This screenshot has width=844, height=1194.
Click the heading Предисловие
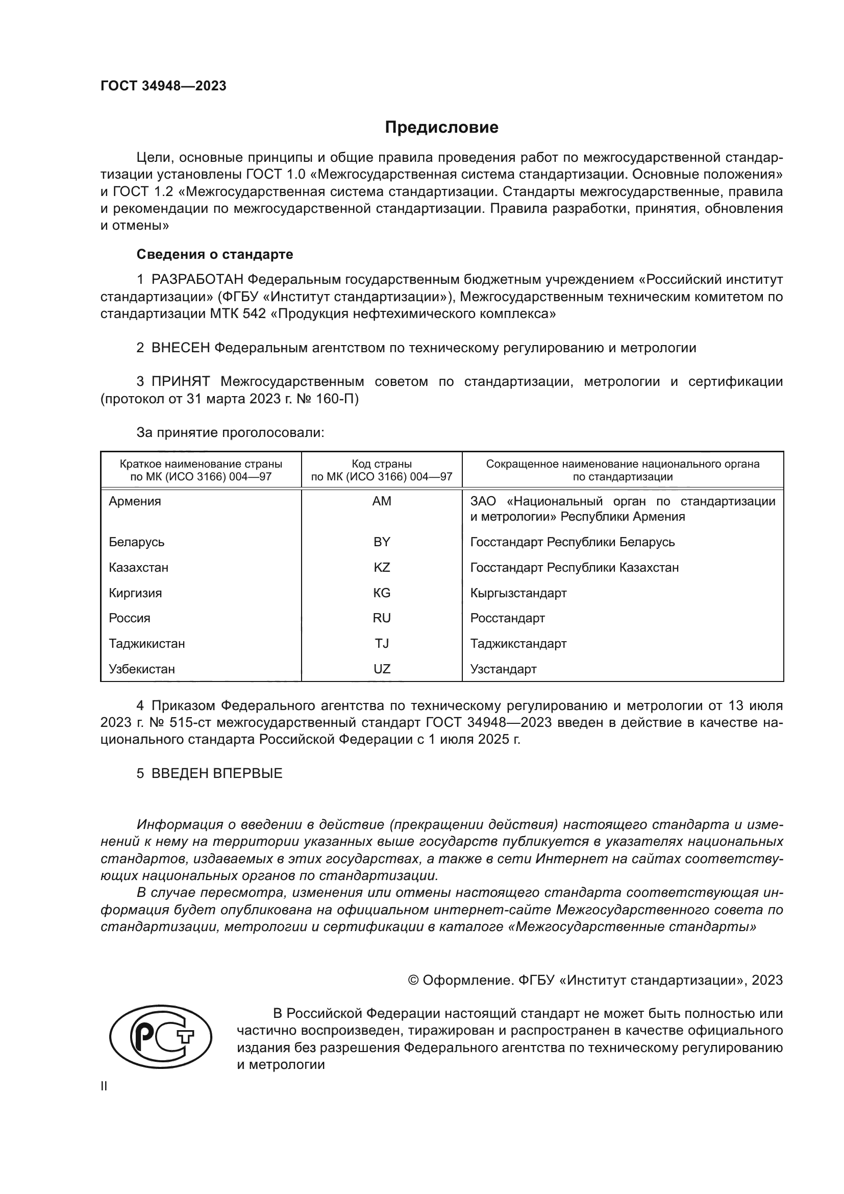pyautogui.click(x=441, y=128)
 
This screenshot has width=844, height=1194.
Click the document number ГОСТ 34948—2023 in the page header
pyautogui.click(x=163, y=86)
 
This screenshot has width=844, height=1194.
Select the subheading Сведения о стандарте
pyautogui.click(x=215, y=254)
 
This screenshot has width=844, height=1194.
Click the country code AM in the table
pyautogui.click(x=382, y=501)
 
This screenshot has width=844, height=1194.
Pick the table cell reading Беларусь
pyautogui.click(x=136, y=542)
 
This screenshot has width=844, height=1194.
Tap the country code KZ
pyautogui.click(x=382, y=567)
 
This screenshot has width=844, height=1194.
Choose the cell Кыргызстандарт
pyautogui.click(x=518, y=593)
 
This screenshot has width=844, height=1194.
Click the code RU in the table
pyautogui.click(x=382, y=618)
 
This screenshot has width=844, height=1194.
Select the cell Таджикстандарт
pyautogui.click(x=518, y=643)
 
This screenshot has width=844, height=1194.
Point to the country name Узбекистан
pyautogui.click(x=141, y=669)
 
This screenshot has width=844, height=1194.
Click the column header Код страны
pyautogui.click(x=382, y=464)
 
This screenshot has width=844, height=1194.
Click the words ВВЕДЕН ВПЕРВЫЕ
pyautogui.click(x=217, y=773)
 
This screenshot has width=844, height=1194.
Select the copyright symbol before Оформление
pyautogui.click(x=413, y=980)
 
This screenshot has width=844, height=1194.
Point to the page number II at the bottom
pyautogui.click(x=104, y=1086)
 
